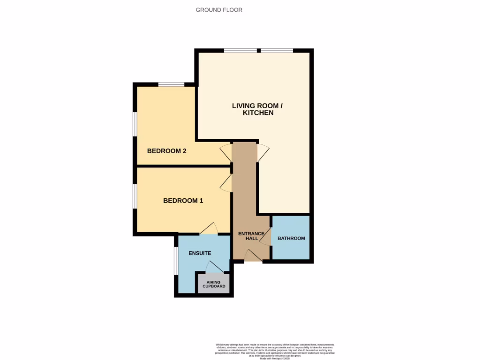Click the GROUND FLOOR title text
coord(219,10)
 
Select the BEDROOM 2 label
coord(167,151)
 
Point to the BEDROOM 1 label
coord(183,201)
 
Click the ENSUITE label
coord(200,253)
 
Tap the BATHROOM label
coord(291,238)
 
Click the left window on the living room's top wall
coord(240,50)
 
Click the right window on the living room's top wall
coord(277,50)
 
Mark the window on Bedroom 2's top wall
coord(171,85)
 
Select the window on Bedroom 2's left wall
coord(135,124)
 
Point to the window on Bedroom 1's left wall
coord(135,195)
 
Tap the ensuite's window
coord(176,261)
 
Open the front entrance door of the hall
coord(253,255)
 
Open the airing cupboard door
coord(215,267)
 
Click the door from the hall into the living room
coord(263,153)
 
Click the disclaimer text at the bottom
coord(275,351)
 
